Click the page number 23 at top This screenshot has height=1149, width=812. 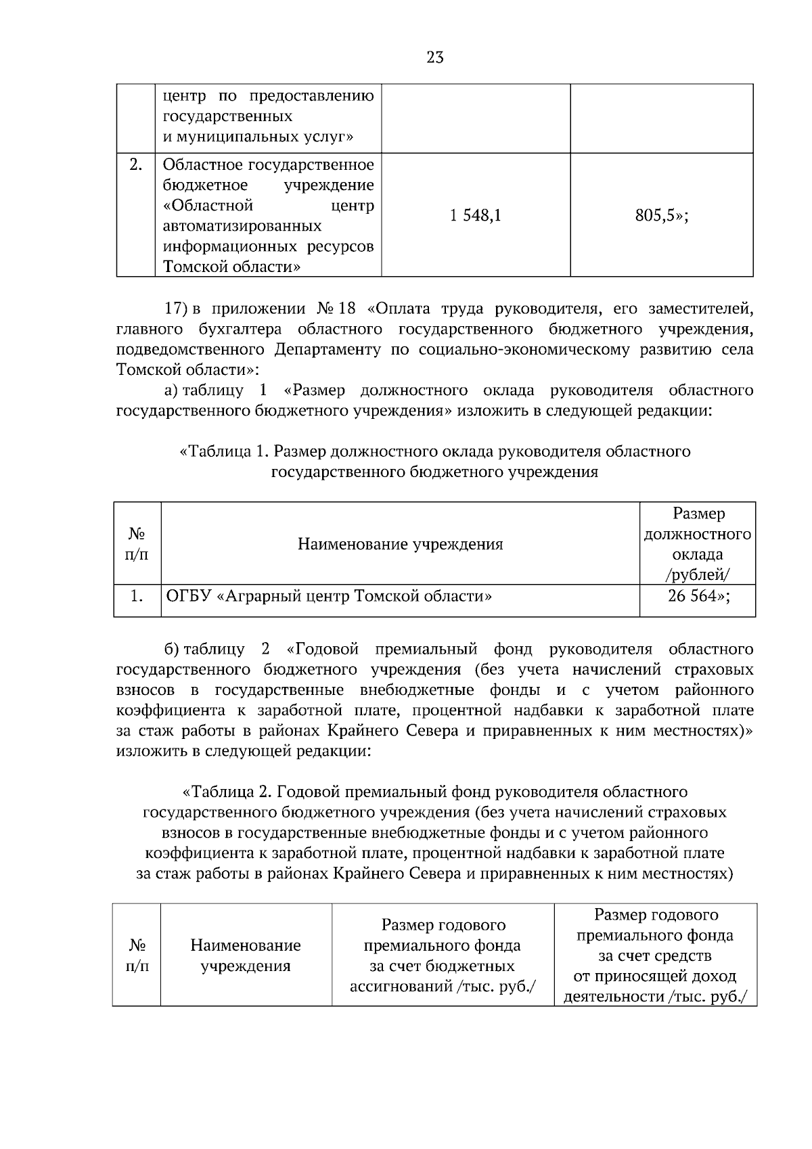[435, 58]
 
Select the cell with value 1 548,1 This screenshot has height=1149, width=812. [475, 217]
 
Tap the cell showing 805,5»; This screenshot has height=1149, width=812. [661, 217]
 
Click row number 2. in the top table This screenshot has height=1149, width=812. [136, 165]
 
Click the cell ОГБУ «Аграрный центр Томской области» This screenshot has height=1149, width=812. [329, 596]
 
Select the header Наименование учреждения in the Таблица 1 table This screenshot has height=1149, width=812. [400, 544]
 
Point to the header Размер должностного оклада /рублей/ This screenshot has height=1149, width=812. [698, 544]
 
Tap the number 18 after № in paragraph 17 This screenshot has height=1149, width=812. [346, 309]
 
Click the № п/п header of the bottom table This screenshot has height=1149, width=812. [137, 955]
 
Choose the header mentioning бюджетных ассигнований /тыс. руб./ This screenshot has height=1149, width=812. [443, 955]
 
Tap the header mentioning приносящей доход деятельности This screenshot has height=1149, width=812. [655, 955]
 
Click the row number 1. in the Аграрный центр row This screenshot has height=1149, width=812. [137, 596]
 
